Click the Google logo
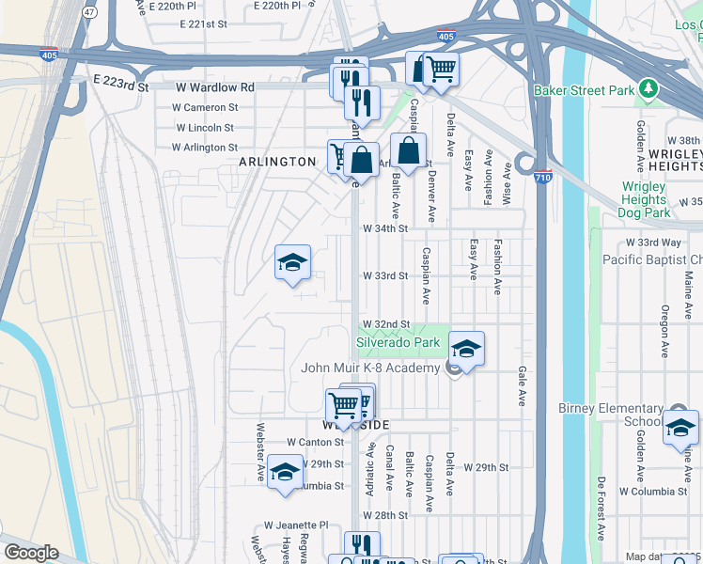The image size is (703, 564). click(31, 553)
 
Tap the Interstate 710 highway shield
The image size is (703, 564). click(542, 177)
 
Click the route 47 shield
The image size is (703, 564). click(89, 12)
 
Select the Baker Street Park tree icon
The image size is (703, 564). click(647, 89)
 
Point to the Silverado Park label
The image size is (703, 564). click(398, 344)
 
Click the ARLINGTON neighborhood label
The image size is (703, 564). click(276, 162)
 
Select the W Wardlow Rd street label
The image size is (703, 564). click(215, 87)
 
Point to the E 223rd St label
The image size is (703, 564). click(120, 85)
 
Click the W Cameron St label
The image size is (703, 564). click(206, 107)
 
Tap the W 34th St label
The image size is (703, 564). click(386, 227)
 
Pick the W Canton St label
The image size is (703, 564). click(317, 442)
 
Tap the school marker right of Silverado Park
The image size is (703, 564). click(466, 349)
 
